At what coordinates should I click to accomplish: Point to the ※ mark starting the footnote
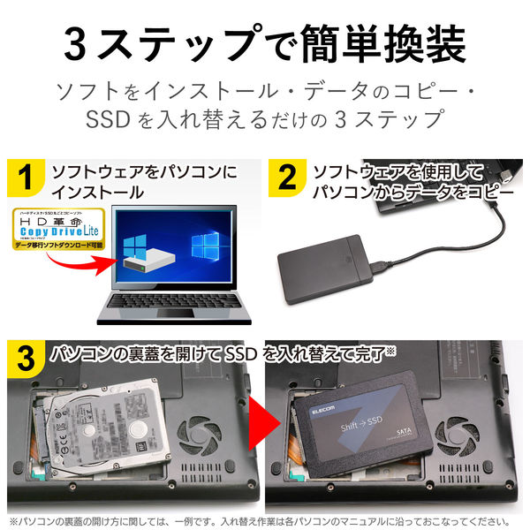click(12, 521)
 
